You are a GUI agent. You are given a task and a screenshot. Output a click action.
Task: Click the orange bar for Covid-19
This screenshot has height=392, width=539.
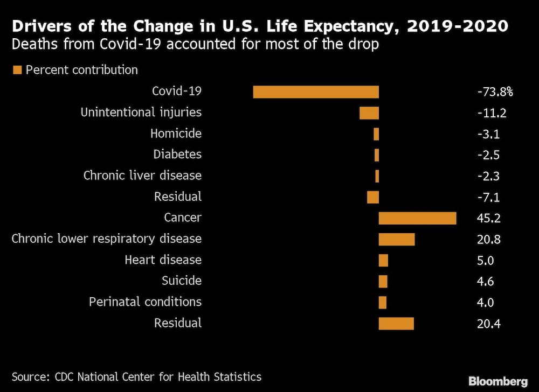[316, 92]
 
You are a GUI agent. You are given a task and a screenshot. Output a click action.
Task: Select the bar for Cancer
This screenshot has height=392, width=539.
[417, 218]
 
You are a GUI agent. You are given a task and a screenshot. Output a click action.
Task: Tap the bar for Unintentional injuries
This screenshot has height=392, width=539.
[369, 113]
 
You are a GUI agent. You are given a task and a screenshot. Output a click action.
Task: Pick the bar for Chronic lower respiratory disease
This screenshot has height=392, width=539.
[397, 239]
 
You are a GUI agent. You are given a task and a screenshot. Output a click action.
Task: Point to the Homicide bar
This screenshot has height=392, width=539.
[376, 134]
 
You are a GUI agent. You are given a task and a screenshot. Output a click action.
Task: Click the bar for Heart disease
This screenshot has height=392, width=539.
[383, 261]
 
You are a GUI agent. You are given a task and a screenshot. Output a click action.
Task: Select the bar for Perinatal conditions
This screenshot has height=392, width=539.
[383, 303]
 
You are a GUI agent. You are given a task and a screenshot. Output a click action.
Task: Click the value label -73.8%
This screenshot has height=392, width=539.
[495, 92]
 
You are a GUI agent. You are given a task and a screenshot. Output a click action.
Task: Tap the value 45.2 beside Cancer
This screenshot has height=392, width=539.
[488, 218]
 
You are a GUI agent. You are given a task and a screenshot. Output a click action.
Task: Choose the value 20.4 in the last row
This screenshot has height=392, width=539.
[488, 324]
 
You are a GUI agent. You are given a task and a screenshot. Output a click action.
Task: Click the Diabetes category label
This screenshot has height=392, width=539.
[177, 155]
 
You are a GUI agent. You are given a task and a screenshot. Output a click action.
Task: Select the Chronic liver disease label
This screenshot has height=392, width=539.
[142, 176]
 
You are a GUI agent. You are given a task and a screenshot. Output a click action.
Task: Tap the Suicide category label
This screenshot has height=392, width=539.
[182, 281]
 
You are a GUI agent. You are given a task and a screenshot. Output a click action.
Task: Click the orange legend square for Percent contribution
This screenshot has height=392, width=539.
[17, 70]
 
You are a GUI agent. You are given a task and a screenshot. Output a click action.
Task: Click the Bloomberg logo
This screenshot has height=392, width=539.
[498, 381]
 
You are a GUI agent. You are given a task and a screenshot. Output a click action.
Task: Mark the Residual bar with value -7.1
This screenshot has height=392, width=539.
[373, 197]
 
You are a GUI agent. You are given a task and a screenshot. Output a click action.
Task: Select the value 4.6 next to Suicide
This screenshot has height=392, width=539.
[485, 281]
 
